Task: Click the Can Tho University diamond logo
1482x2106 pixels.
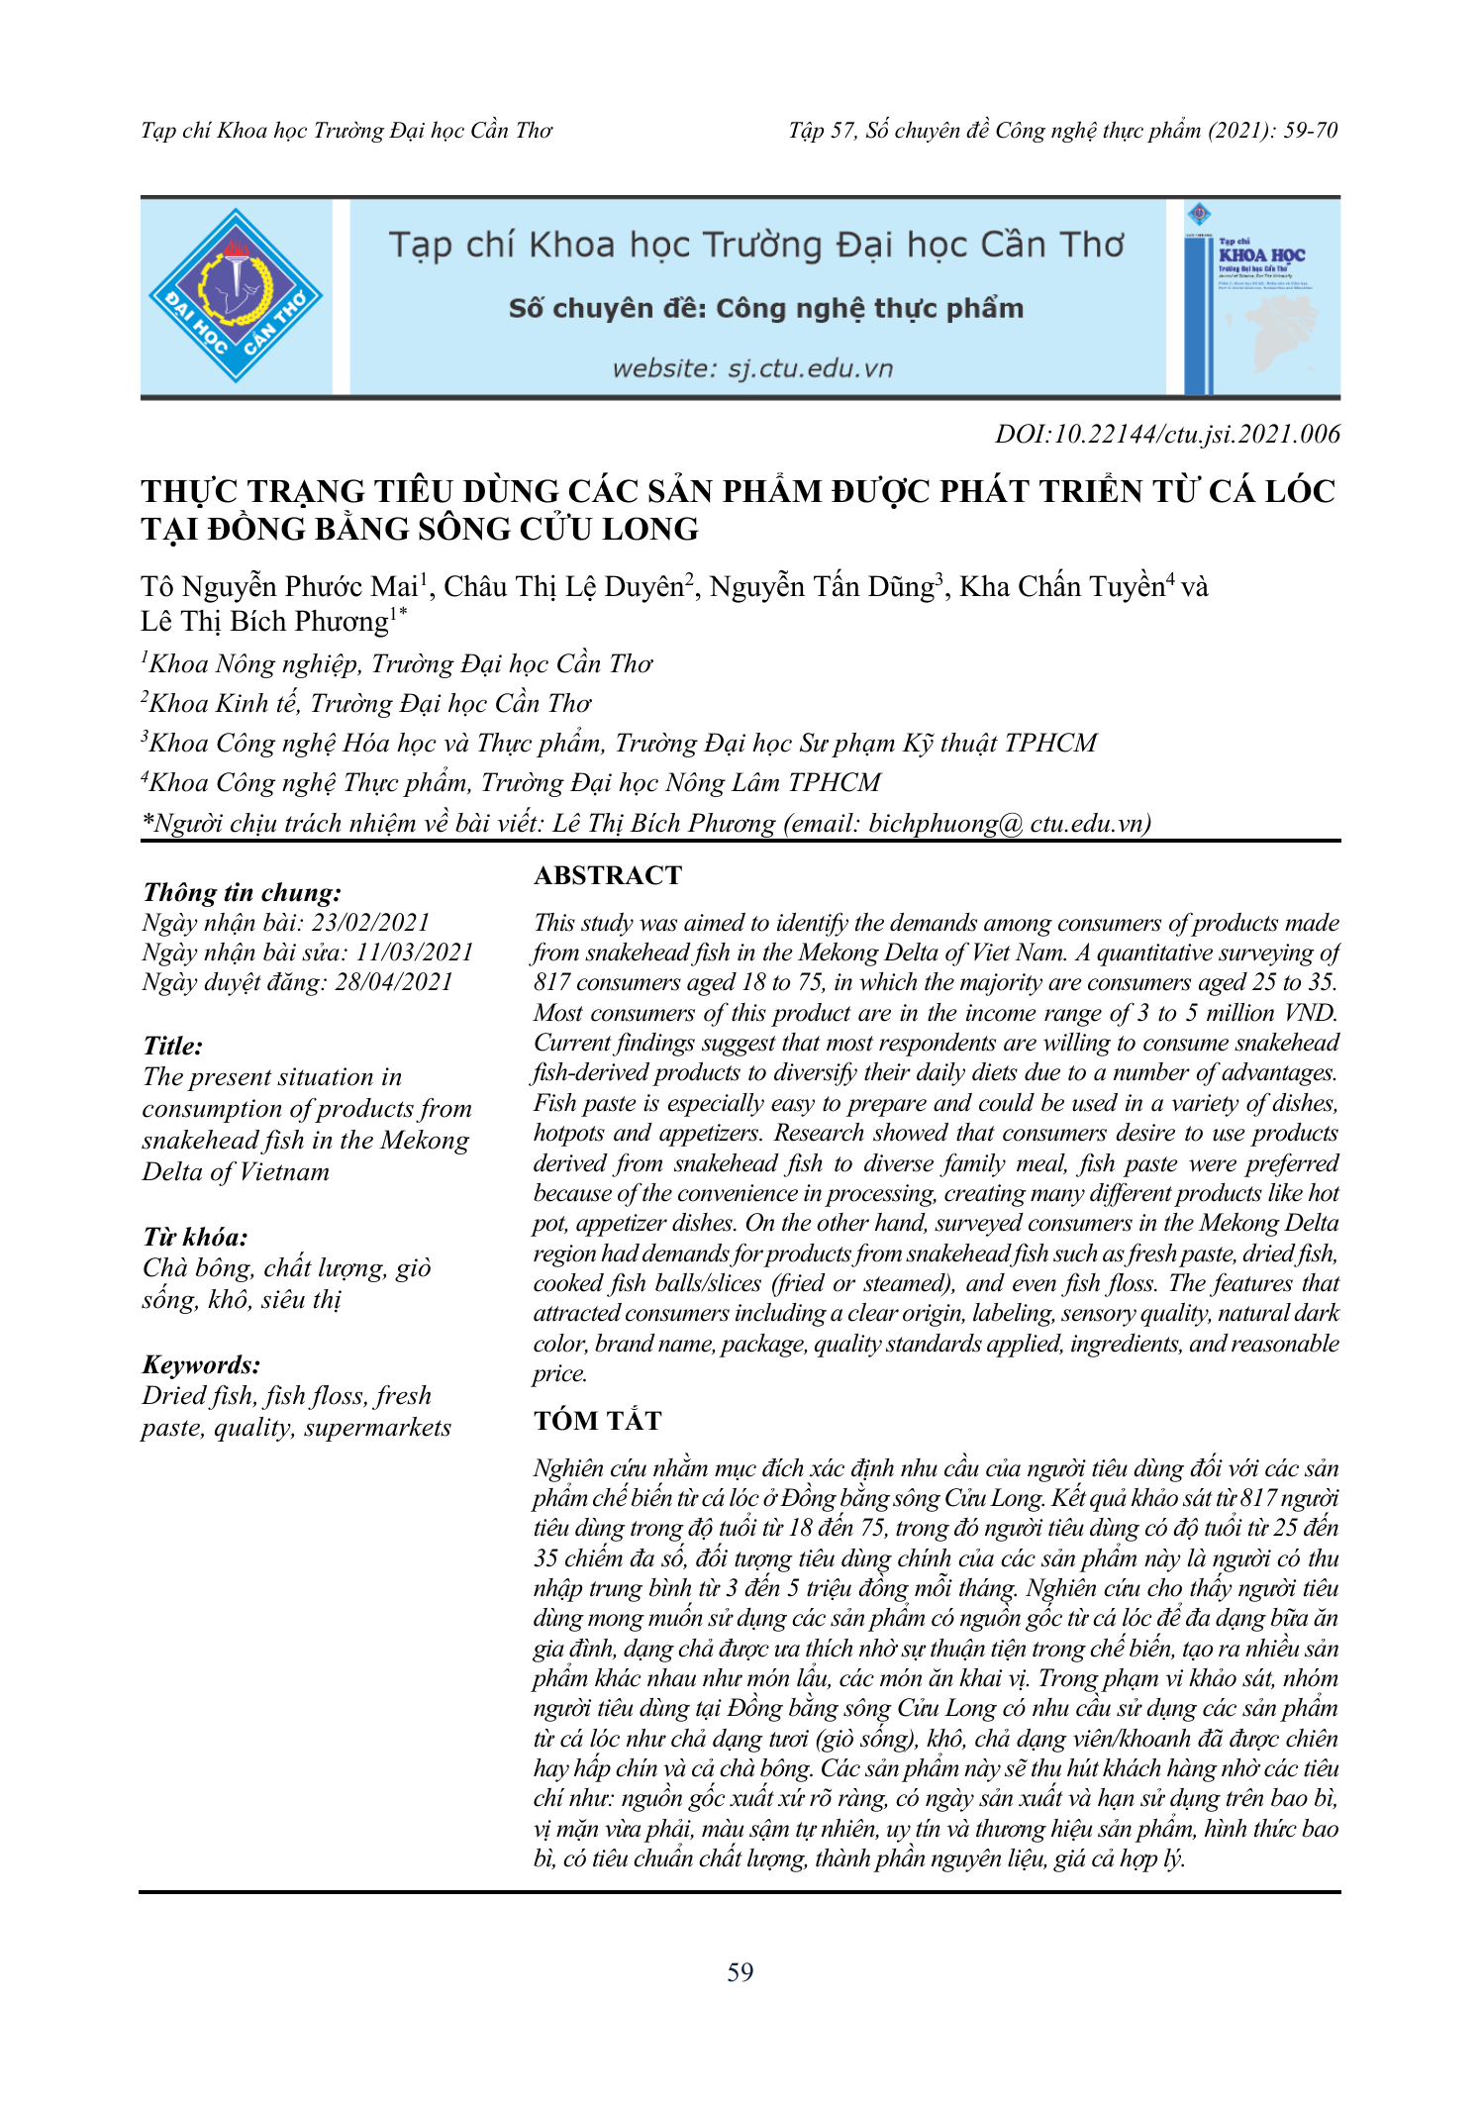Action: pos(236,296)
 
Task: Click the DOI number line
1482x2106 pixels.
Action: pos(1167,435)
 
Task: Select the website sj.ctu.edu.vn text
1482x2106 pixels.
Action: pos(752,369)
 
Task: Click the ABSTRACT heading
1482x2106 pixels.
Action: pos(608,875)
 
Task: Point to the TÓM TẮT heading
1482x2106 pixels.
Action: pos(597,1421)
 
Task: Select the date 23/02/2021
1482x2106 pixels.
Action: pos(370,923)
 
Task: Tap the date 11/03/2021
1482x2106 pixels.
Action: pos(415,953)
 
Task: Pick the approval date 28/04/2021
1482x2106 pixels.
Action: pos(393,982)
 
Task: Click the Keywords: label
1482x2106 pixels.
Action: pos(201,1365)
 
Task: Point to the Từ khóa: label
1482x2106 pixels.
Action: pos(195,1238)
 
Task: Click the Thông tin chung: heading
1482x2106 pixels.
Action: pos(242,893)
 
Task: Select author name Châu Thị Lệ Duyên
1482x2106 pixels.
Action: pos(563,587)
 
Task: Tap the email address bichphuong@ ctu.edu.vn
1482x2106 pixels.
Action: pos(1010,824)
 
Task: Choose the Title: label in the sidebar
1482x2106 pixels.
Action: pos(172,1047)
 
